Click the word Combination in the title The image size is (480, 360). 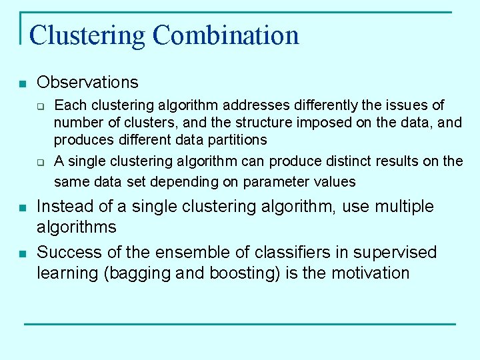pos(226,35)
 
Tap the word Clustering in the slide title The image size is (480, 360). pos(87,35)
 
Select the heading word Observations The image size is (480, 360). pos(87,83)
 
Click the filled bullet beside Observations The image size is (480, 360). pos(22,84)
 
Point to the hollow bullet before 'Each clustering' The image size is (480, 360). pos(41,106)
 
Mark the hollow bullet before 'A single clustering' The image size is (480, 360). pos(41,162)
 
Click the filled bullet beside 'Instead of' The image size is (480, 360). pos(22,208)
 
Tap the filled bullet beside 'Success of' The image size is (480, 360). pos(22,254)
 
